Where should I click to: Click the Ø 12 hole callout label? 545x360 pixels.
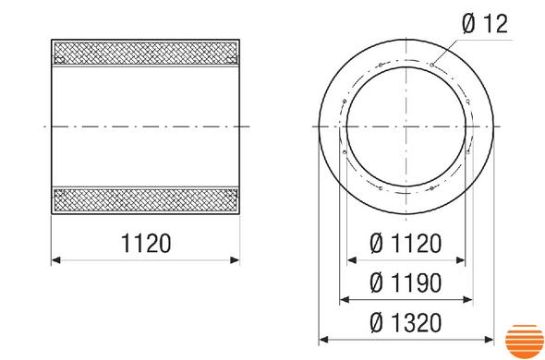pyautogui.click(x=485, y=24)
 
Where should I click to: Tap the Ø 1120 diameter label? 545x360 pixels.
pyautogui.click(x=406, y=244)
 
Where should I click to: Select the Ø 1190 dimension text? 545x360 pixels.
pyautogui.click(x=406, y=282)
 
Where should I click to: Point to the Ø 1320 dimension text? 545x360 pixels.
pyautogui.click(x=406, y=323)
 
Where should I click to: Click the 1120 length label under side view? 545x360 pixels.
pyautogui.click(x=146, y=244)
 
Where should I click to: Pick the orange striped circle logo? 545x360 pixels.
pyautogui.click(x=525, y=342)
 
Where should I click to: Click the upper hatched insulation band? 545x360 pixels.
pyautogui.click(x=146, y=53)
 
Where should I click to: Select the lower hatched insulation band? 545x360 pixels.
pyautogui.click(x=146, y=200)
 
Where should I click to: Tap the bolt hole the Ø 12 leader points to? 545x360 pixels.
pyautogui.click(x=431, y=65)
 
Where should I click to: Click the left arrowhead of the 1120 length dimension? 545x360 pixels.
pyautogui.click(x=56, y=260)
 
